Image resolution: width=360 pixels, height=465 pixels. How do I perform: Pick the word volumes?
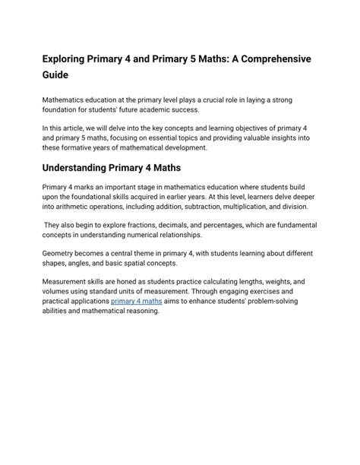pyautogui.click(x=60, y=292)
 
